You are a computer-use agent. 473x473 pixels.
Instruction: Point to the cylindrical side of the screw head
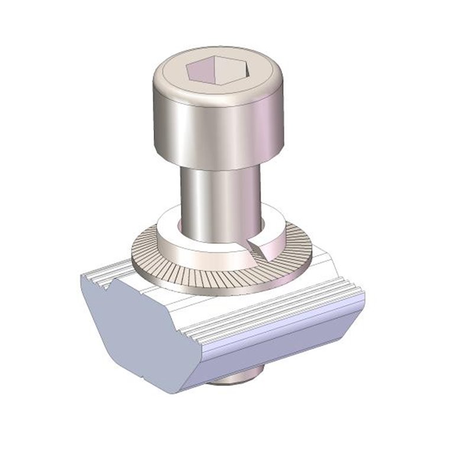tap(216, 133)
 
